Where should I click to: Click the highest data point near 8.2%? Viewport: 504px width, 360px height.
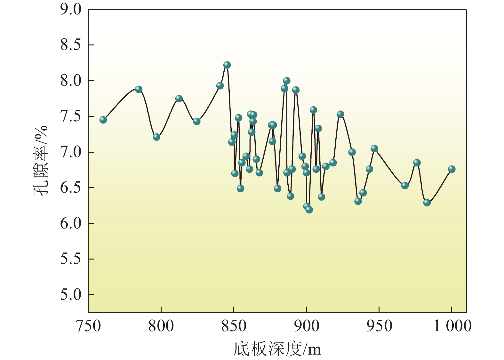click(227, 65)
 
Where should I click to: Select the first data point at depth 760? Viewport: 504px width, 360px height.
click(103, 120)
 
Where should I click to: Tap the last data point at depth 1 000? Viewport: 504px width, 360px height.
click(452, 169)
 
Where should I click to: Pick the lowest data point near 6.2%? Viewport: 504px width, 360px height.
click(309, 210)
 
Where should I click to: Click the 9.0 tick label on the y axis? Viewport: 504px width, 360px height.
click(71, 10)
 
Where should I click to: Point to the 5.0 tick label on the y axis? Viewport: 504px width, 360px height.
click(71, 295)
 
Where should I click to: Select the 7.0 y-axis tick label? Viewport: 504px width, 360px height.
click(71, 152)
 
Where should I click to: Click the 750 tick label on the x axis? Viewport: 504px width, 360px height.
click(88, 326)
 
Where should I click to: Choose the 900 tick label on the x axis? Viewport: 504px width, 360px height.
click(306, 326)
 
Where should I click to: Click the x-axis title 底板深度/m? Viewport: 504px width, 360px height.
click(277, 348)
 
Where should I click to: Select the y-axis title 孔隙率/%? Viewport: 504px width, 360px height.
click(41, 160)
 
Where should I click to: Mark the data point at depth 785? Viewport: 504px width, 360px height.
click(139, 89)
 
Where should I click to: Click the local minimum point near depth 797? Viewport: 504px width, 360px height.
click(156, 137)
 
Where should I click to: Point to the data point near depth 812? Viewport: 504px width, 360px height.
click(179, 99)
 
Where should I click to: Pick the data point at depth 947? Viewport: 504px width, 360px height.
click(374, 148)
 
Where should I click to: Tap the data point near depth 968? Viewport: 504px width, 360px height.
click(405, 185)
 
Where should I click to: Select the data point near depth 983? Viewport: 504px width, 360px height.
click(427, 203)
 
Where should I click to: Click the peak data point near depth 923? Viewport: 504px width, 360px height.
click(340, 114)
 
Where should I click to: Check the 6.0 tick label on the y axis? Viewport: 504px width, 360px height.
click(71, 223)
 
